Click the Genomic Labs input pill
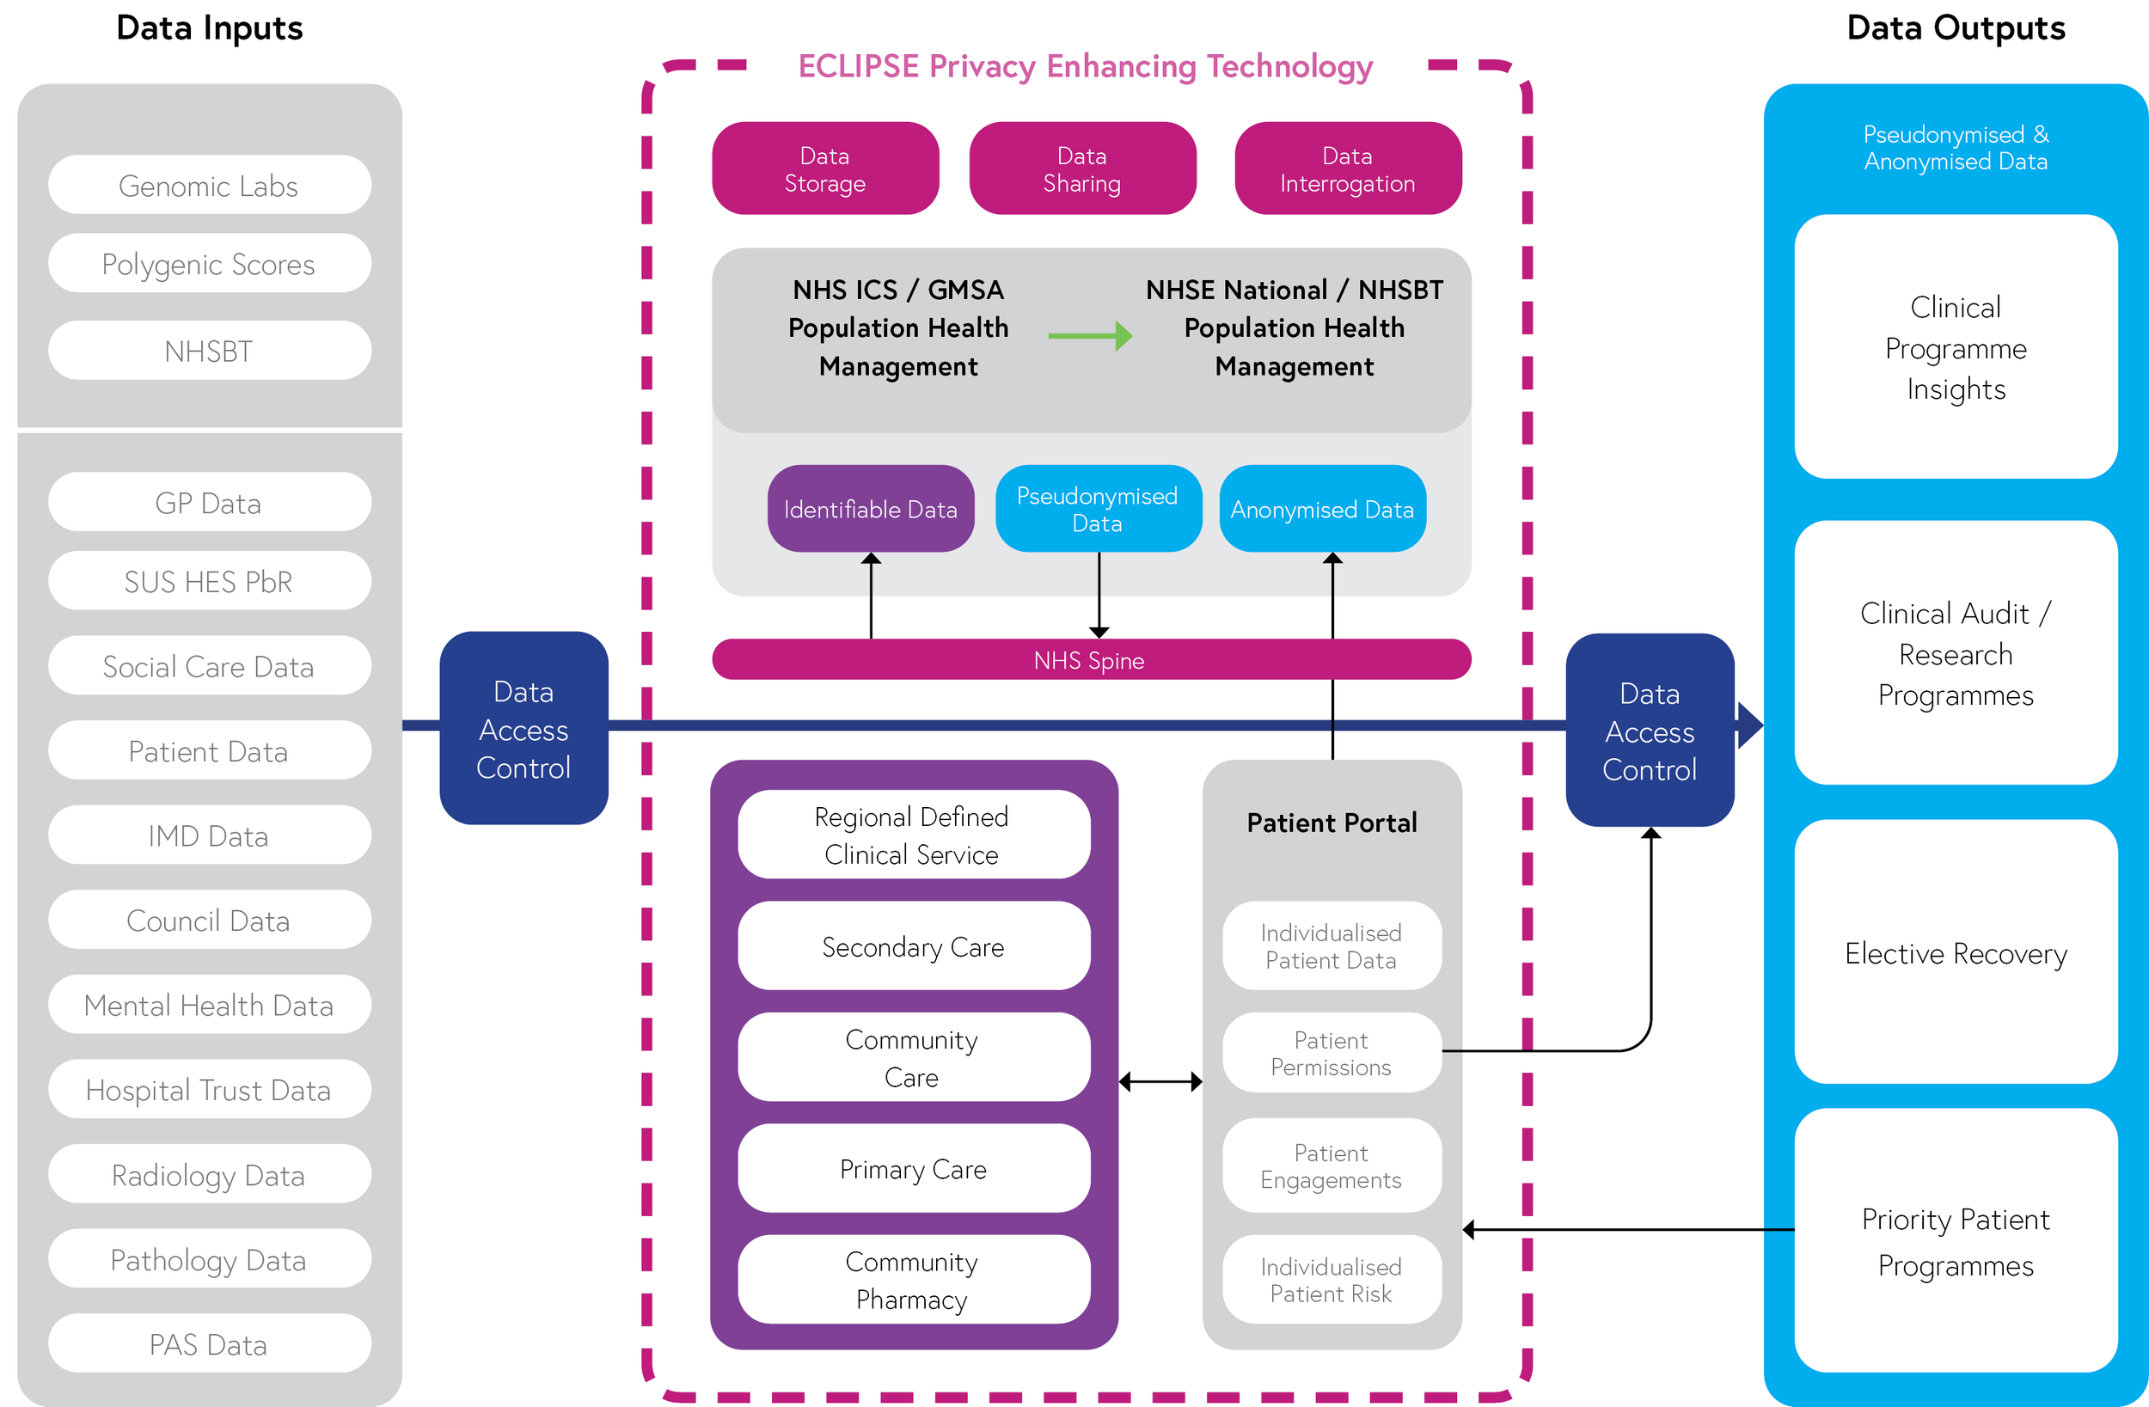click(x=209, y=185)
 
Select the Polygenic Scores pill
click(x=209, y=264)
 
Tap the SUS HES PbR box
click(x=209, y=581)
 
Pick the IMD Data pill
click(x=209, y=835)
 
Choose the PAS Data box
click(x=209, y=1343)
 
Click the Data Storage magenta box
click(x=824, y=168)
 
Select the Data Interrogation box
click(x=1347, y=168)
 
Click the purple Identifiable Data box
click(x=871, y=509)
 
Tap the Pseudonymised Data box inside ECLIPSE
click(x=1097, y=509)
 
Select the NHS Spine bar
click(x=1090, y=660)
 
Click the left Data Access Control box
click(x=523, y=729)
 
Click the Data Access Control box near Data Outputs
click(x=1649, y=731)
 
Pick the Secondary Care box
click(x=913, y=946)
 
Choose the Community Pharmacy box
click(x=913, y=1280)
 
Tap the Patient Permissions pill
click(x=1331, y=1053)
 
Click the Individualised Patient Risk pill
click(x=1331, y=1280)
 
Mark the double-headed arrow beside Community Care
click(x=1160, y=1081)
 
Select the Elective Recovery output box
click(x=1955, y=952)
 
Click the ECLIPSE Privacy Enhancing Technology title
click(x=1085, y=66)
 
